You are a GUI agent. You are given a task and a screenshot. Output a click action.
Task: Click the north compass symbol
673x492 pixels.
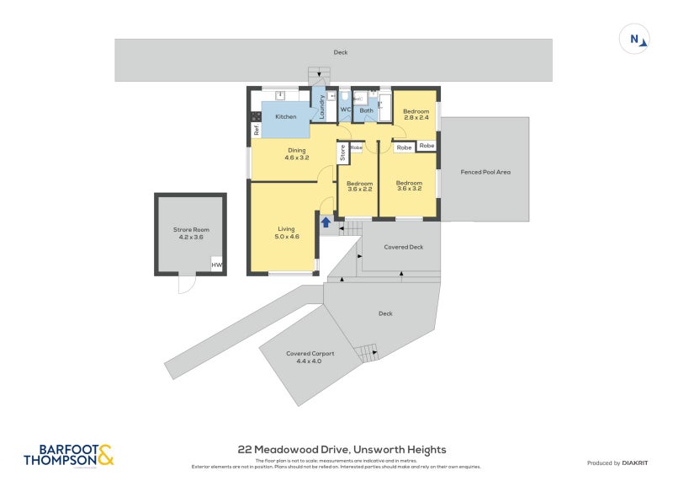(635, 39)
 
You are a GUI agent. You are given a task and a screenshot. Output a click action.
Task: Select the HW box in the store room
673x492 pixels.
(216, 265)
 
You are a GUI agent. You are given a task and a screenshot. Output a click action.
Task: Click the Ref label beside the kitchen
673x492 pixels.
(257, 131)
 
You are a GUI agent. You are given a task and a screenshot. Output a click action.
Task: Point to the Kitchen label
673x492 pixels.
(286, 116)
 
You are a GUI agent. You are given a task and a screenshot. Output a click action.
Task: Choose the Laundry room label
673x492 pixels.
(321, 106)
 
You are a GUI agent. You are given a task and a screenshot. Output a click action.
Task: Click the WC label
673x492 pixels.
(345, 110)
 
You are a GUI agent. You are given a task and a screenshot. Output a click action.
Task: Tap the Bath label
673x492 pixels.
(367, 110)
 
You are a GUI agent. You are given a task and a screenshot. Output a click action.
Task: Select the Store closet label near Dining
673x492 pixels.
(342, 152)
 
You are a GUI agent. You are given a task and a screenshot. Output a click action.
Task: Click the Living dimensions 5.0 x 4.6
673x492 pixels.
(287, 237)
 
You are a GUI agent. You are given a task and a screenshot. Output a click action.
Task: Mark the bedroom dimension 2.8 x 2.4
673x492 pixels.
(416, 118)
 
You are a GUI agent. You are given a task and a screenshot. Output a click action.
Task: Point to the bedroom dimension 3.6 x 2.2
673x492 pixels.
(360, 189)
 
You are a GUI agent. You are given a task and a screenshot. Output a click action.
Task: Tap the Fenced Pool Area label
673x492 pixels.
(485, 172)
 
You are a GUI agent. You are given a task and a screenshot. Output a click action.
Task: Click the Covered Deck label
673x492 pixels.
(403, 247)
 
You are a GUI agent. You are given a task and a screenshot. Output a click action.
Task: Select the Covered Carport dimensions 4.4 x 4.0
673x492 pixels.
(305, 361)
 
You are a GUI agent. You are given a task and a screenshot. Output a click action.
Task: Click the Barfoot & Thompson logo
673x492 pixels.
(68, 455)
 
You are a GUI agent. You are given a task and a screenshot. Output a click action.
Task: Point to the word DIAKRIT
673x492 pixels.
(634, 463)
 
